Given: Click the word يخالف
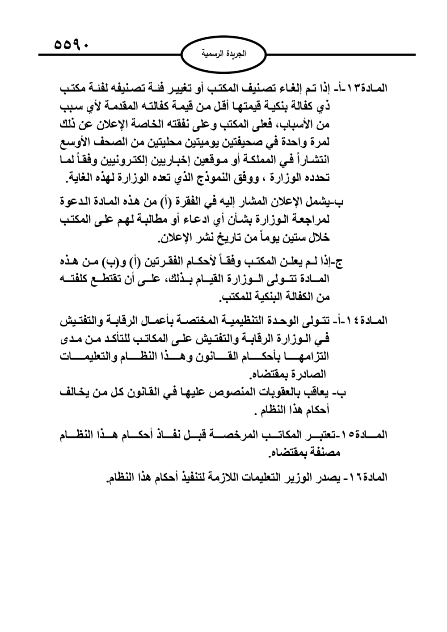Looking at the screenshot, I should coord(73,393).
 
